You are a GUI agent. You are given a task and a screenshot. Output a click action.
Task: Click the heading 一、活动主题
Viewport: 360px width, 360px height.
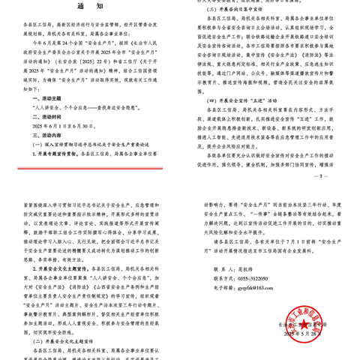coord(47,97)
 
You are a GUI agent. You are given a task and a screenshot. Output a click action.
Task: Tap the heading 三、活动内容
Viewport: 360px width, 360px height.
coord(47,135)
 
